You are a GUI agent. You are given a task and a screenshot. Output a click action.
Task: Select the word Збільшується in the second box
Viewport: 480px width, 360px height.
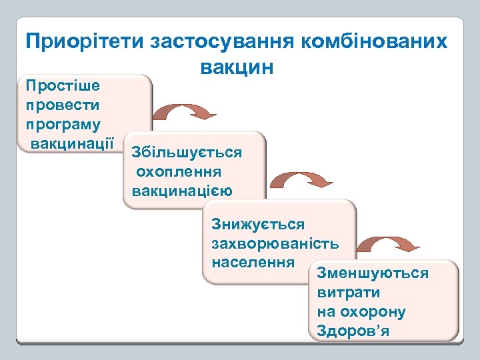click(187, 152)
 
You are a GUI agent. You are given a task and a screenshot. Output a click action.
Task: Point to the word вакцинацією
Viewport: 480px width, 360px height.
click(182, 191)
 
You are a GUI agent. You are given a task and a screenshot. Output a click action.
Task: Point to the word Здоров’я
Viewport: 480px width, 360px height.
click(353, 331)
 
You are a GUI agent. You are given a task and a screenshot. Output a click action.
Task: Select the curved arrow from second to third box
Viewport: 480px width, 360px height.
click(303, 179)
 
